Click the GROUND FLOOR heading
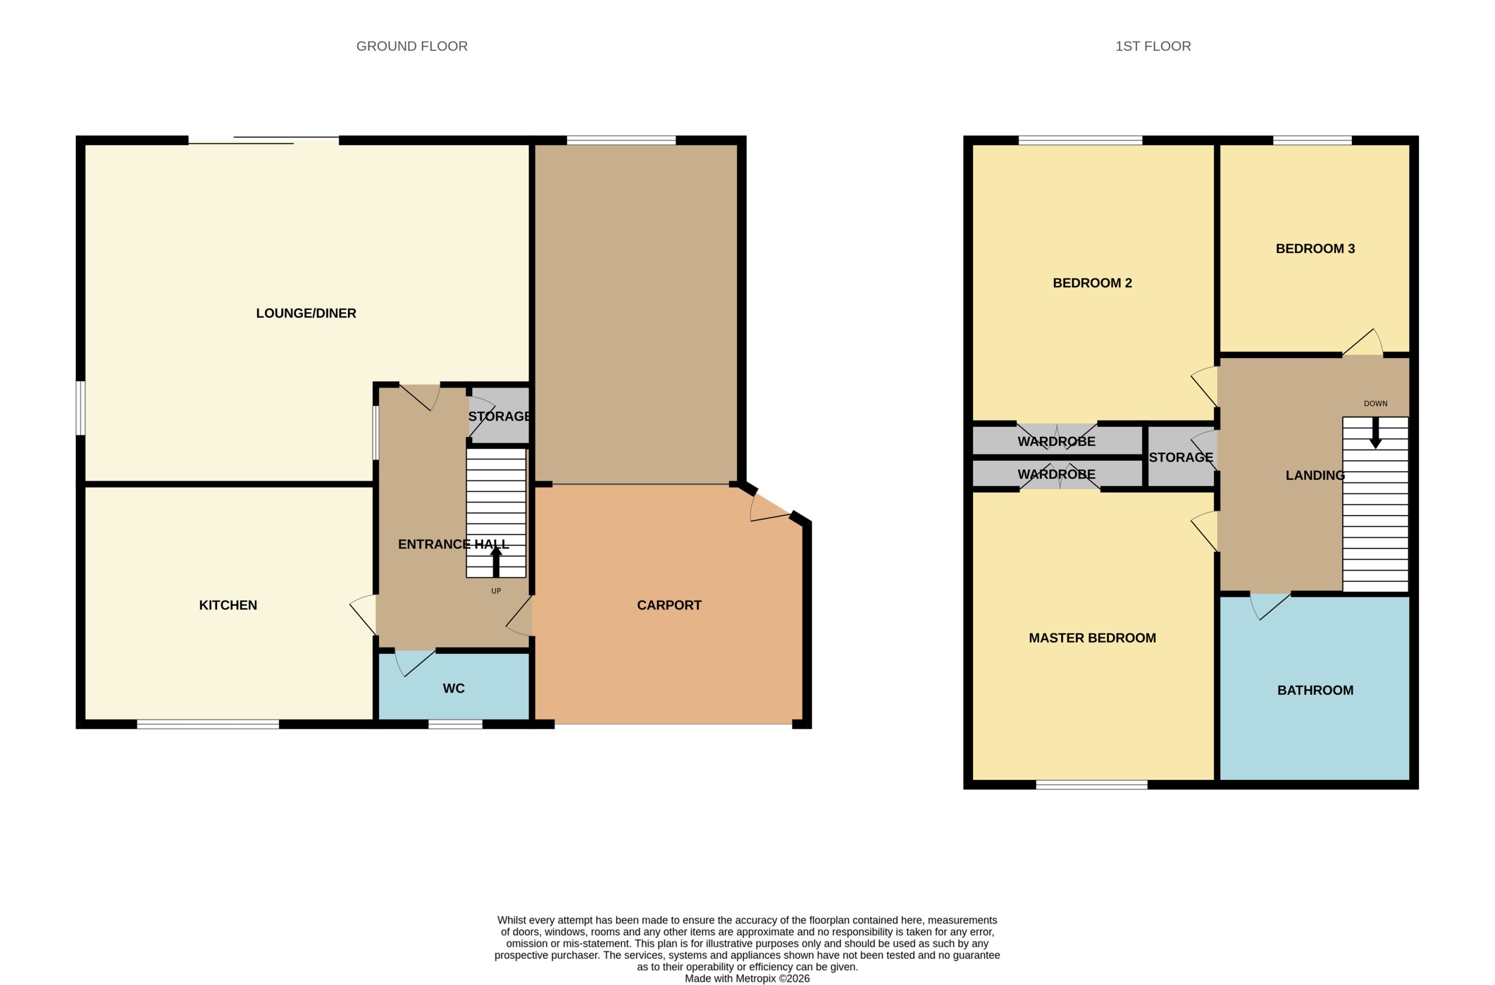pos(412,47)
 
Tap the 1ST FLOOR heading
pos(1153,47)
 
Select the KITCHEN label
pos(228,605)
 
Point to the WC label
pos(454,689)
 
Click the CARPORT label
pos(669,605)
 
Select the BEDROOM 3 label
pos(1315,249)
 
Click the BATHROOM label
pos(1315,691)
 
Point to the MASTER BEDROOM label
pos(1092,638)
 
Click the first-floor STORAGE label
pos(1181,457)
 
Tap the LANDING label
pos(1315,476)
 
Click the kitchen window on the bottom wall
pos(208,724)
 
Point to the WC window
pos(455,724)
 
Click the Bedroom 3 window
pos(1312,140)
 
